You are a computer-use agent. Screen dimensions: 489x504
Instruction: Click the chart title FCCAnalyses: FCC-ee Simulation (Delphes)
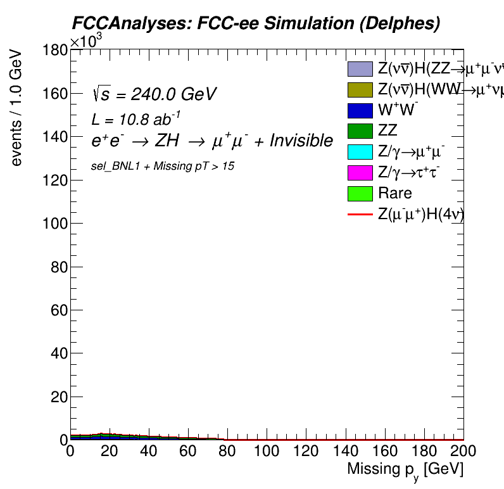click(x=255, y=23)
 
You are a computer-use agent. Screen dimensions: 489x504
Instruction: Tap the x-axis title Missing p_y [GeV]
click(x=405, y=470)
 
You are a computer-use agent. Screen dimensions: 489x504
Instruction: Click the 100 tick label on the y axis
click(x=55, y=224)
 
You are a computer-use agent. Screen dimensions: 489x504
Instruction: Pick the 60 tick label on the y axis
click(x=58, y=310)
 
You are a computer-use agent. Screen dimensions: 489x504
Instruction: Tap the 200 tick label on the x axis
click(x=463, y=452)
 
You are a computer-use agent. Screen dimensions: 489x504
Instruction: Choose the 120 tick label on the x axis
click(x=306, y=452)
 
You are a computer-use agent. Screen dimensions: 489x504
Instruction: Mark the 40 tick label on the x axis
click(x=149, y=452)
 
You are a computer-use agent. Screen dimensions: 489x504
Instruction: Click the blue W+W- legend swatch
click(x=360, y=110)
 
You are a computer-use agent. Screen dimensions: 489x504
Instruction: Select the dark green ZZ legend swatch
click(x=360, y=131)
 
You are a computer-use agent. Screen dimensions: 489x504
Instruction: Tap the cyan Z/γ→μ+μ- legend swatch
click(x=360, y=152)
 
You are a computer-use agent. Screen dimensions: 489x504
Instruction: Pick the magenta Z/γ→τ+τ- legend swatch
click(x=360, y=173)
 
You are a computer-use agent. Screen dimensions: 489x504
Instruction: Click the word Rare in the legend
click(x=394, y=193)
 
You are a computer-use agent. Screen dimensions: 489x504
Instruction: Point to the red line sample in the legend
click(x=360, y=215)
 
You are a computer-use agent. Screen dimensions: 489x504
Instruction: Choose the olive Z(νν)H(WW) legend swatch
click(x=360, y=89)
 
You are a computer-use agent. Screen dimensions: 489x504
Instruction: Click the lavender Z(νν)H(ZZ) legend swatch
click(x=360, y=68)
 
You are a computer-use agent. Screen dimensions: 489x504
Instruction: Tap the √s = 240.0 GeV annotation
click(x=154, y=95)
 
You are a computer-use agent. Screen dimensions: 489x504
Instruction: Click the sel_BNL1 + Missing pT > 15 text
click(x=163, y=166)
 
